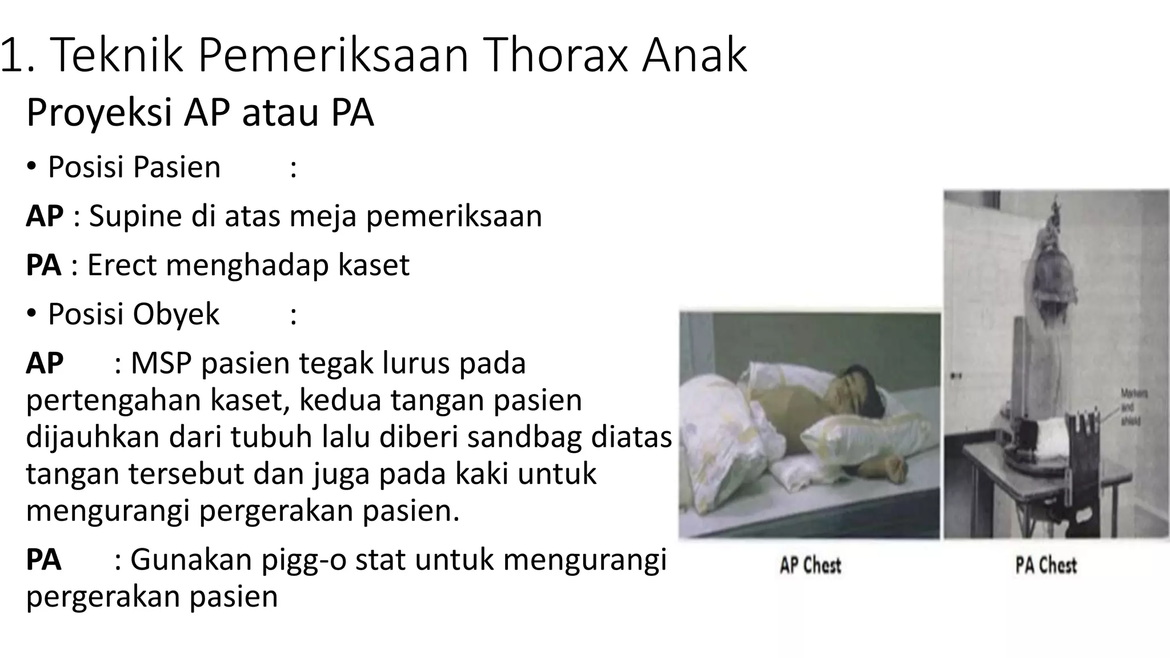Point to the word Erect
tap(121, 265)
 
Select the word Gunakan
tap(191, 560)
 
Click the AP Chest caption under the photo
tap(810, 565)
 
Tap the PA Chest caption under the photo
tap(1045, 565)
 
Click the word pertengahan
tap(113, 400)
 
